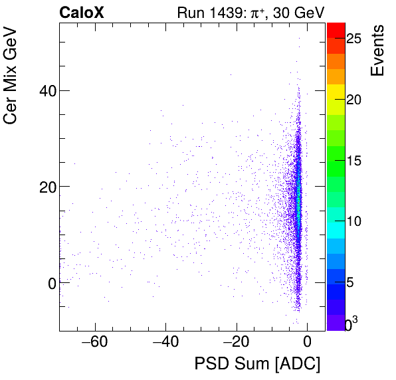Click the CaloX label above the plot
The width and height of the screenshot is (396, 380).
(81, 13)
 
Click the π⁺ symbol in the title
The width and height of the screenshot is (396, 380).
(248, 13)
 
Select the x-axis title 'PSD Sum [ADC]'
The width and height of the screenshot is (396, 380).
(257, 364)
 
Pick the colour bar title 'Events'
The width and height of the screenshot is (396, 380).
(377, 50)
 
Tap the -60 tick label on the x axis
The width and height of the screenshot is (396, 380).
(94, 343)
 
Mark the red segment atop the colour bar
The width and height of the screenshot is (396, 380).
(336, 29)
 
